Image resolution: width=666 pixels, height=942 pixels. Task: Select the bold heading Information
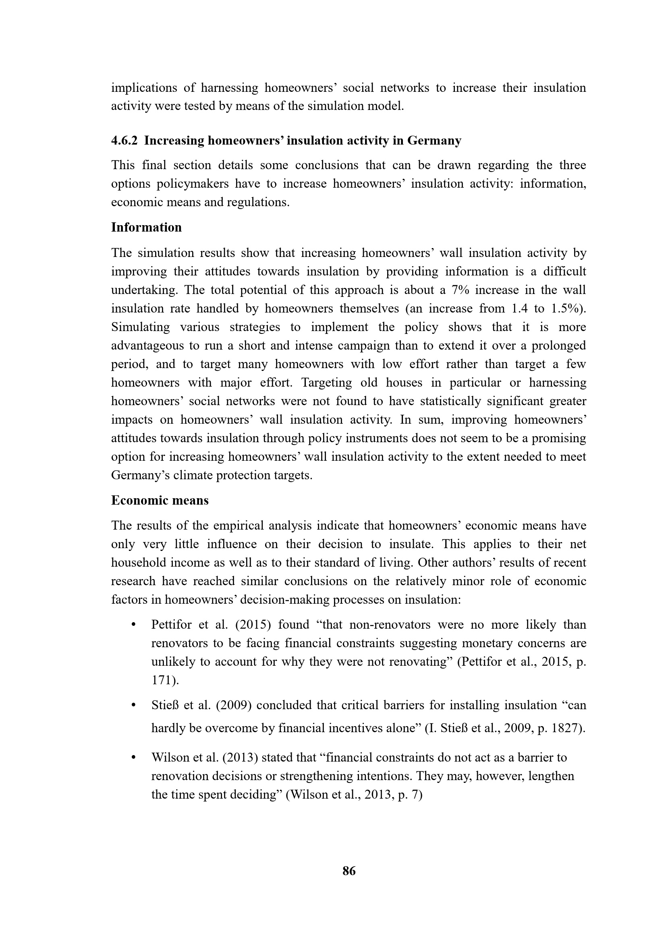(146, 227)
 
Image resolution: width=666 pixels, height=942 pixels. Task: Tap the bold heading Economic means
(160, 500)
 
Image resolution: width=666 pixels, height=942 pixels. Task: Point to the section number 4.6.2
(125, 141)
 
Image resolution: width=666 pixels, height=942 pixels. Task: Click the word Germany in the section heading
(434, 141)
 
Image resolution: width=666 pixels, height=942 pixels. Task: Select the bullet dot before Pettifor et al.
(133, 625)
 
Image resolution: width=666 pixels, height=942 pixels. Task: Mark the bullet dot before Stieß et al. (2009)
(133, 705)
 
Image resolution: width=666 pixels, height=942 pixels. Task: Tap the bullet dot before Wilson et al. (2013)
(133, 758)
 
